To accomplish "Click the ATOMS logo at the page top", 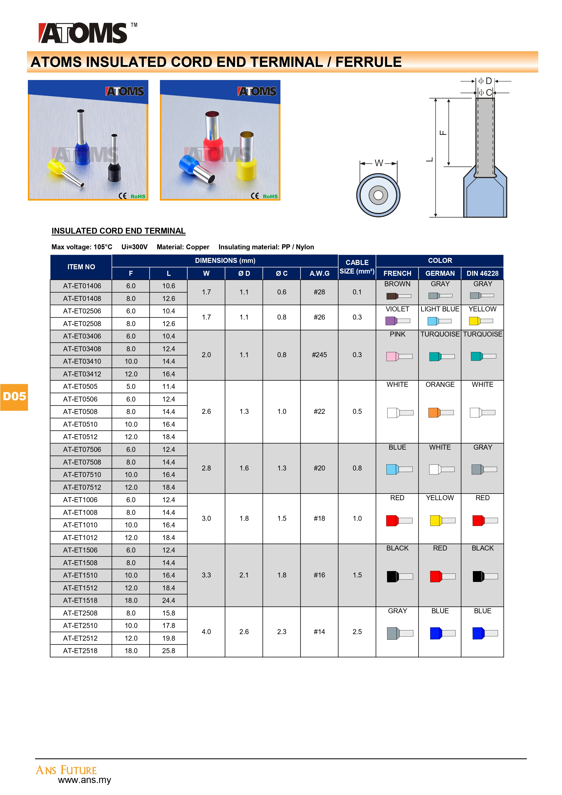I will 83,33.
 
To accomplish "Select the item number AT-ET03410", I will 82,361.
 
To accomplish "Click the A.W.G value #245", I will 319,355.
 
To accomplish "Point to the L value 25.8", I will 169,651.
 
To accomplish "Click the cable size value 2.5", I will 357,632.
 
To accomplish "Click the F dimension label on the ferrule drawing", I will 443,133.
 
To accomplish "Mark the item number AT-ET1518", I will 80,600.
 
